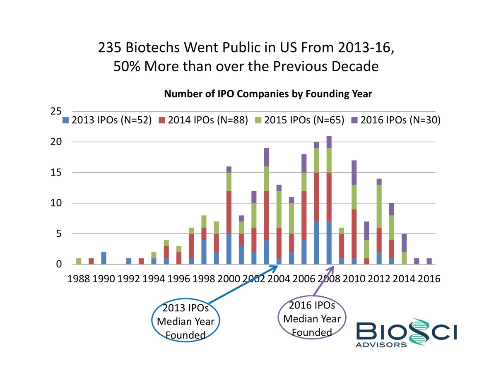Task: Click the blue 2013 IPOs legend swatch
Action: pyautogui.click(x=65, y=120)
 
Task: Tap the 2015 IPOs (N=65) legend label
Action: pyautogui.click(x=304, y=120)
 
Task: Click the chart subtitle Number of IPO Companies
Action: pyautogui.click(x=268, y=94)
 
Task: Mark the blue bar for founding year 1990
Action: pyautogui.click(x=104, y=258)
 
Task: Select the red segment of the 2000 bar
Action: pyautogui.click(x=229, y=212)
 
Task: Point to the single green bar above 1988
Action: pyautogui.click(x=79, y=261)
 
